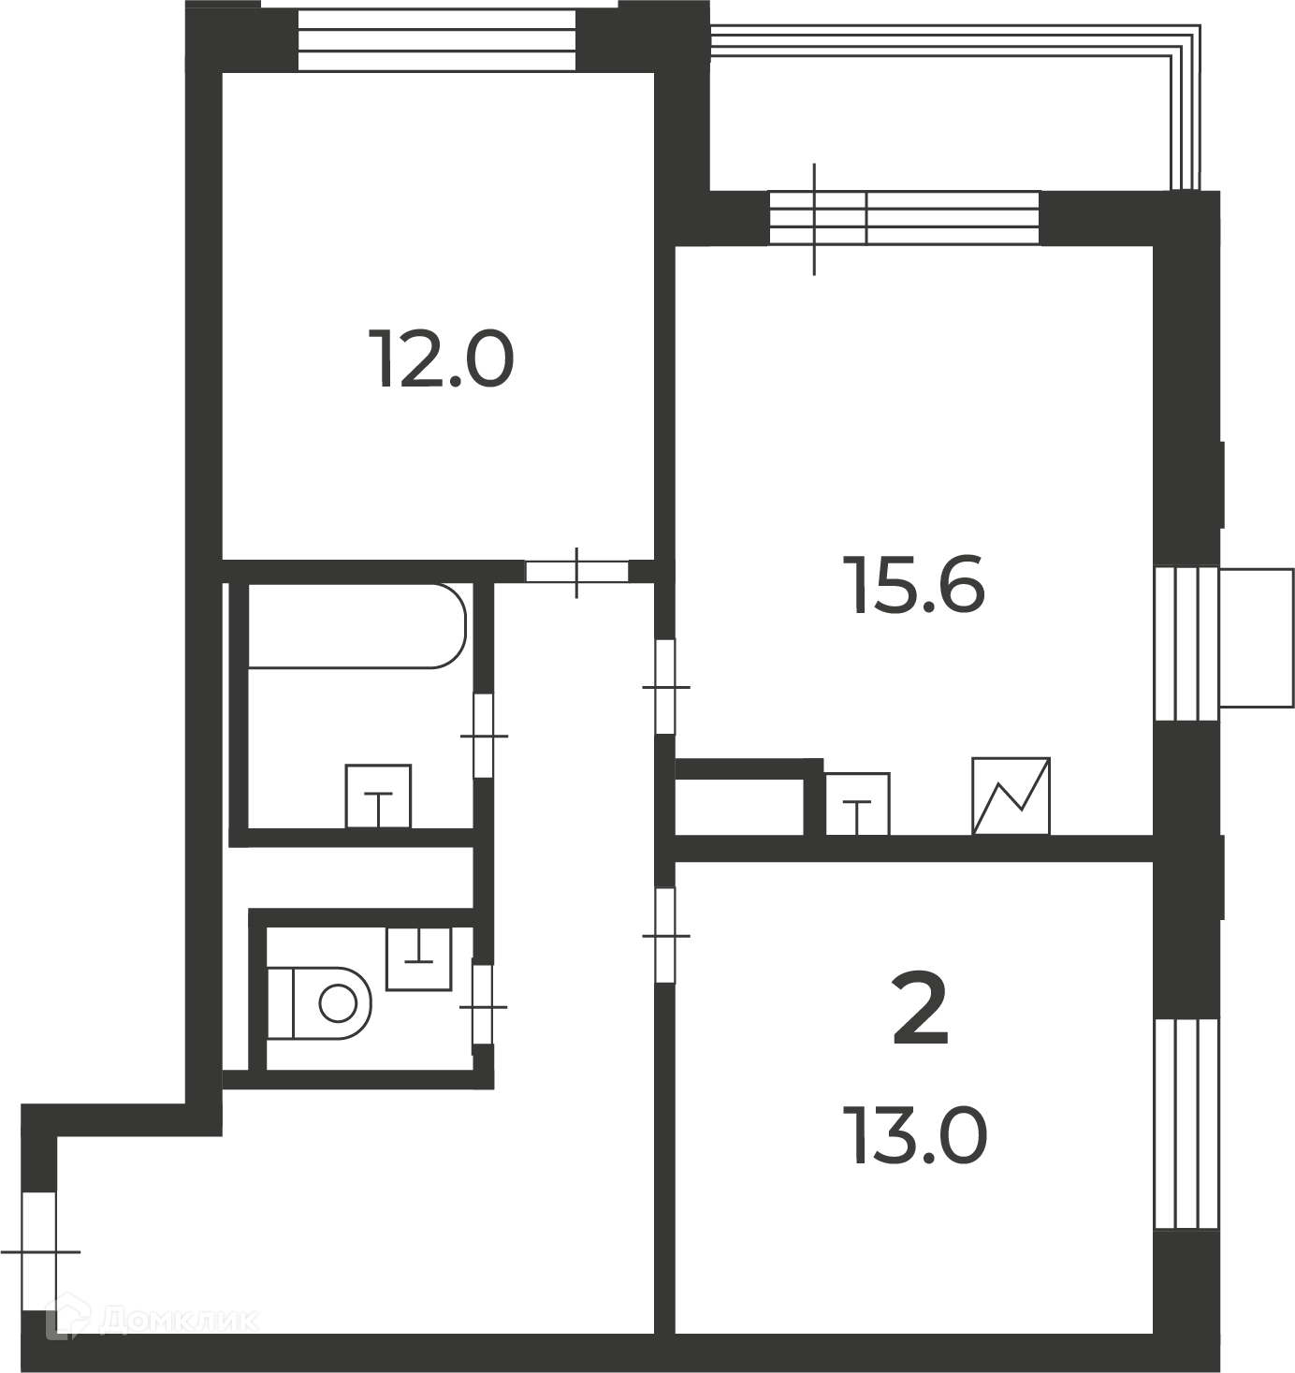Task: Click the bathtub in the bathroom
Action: point(356,625)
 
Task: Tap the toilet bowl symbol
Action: point(319,1003)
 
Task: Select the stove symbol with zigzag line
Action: point(1011,796)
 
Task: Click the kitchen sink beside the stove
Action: point(857,804)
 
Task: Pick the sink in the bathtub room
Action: point(378,796)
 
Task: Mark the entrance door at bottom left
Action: point(39,1250)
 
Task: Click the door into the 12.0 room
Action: point(576,572)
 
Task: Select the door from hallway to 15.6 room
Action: point(665,687)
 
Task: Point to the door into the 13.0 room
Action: point(665,935)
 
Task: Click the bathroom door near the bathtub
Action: point(484,736)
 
